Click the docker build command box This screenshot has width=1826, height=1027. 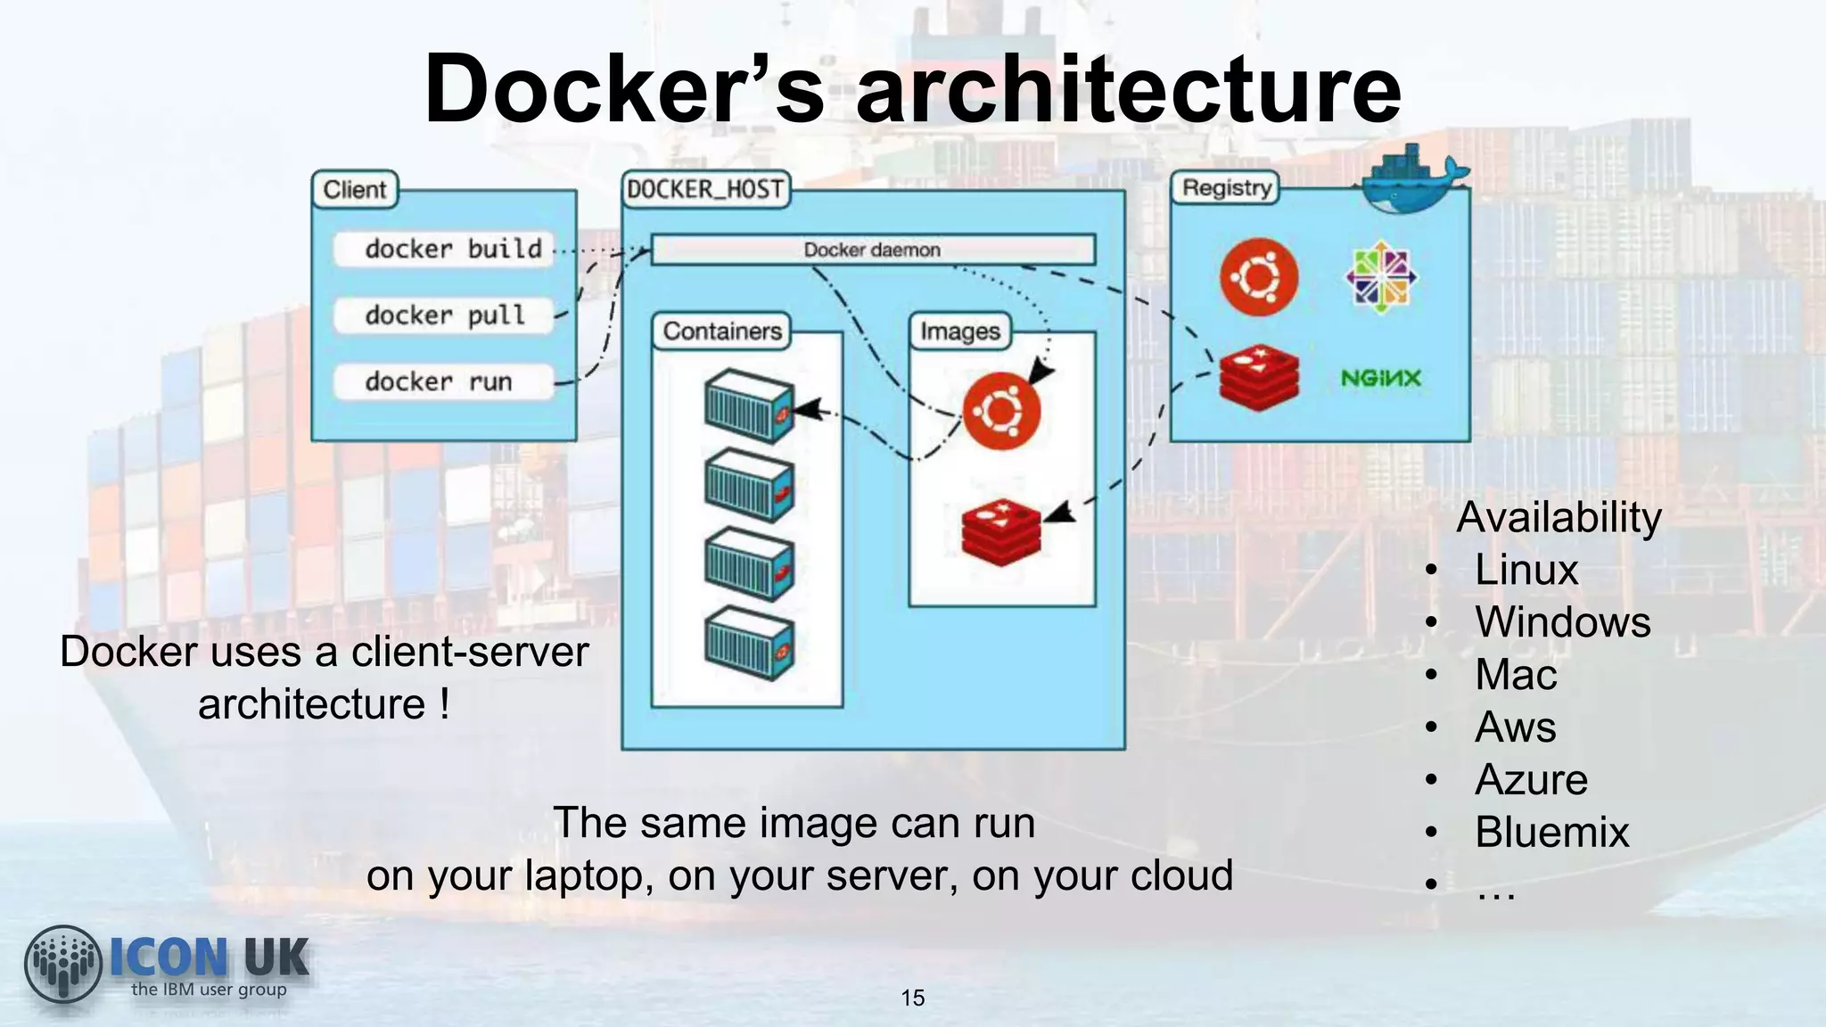[x=444, y=249]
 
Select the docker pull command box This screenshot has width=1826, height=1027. [x=444, y=316]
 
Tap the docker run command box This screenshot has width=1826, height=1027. [x=444, y=382]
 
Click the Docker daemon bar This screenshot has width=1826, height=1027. [x=872, y=250]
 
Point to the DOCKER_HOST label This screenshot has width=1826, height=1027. [x=705, y=189]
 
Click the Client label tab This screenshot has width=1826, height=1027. [x=355, y=190]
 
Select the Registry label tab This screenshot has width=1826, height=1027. [x=1225, y=188]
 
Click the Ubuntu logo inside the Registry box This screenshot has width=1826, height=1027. [x=1259, y=277]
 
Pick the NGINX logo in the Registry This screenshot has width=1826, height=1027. [x=1380, y=378]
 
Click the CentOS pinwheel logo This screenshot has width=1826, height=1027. [x=1380, y=277]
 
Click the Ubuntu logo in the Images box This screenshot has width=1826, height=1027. [x=1001, y=411]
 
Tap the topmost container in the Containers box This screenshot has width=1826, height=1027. [x=749, y=406]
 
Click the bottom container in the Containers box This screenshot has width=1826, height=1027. [x=749, y=643]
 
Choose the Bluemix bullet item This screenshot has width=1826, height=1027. [x=1551, y=832]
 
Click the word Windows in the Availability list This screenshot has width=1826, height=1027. [x=1562, y=621]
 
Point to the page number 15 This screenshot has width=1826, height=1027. [x=913, y=998]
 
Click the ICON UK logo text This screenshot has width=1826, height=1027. [x=209, y=958]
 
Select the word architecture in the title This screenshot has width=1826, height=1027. [x=1128, y=89]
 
